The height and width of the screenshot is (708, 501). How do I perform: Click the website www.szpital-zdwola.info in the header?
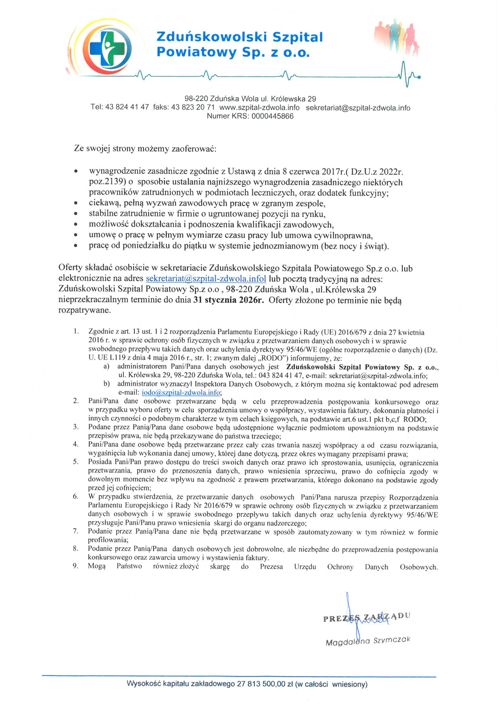(x=259, y=107)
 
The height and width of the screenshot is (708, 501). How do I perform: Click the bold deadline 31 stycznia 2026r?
(x=228, y=300)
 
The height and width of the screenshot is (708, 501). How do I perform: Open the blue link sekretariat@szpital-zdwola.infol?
(x=206, y=279)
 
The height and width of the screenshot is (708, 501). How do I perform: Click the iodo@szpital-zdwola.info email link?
(x=181, y=393)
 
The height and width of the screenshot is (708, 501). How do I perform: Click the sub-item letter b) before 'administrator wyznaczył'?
(x=106, y=384)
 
